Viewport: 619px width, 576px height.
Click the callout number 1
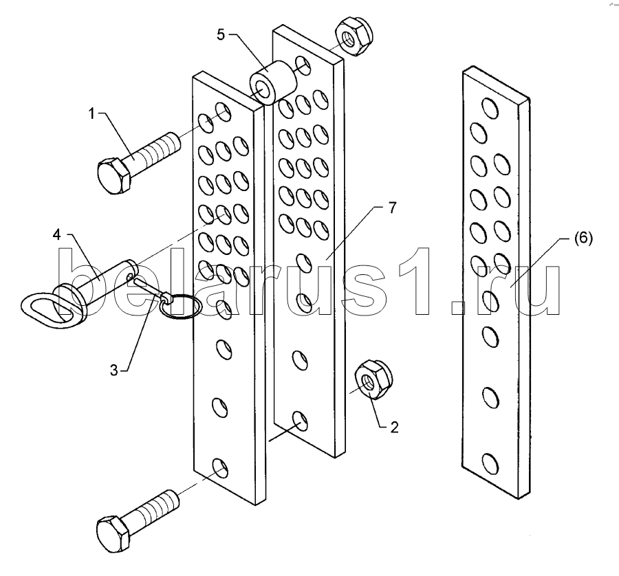91,114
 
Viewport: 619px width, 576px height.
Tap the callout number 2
394,428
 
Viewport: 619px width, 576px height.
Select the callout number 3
113,370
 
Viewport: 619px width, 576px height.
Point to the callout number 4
57,235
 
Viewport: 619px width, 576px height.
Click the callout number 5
221,35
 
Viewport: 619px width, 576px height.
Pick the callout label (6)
583,239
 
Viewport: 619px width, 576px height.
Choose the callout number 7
392,208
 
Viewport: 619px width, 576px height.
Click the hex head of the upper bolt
113,175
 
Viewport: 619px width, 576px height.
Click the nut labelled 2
371,379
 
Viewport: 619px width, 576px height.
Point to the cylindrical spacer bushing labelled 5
272,83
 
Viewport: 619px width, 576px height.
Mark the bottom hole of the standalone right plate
490,463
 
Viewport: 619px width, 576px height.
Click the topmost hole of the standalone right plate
490,108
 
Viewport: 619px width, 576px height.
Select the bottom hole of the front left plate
220,468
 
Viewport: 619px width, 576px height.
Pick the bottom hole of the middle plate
300,421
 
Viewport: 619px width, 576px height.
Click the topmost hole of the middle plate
303,65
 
